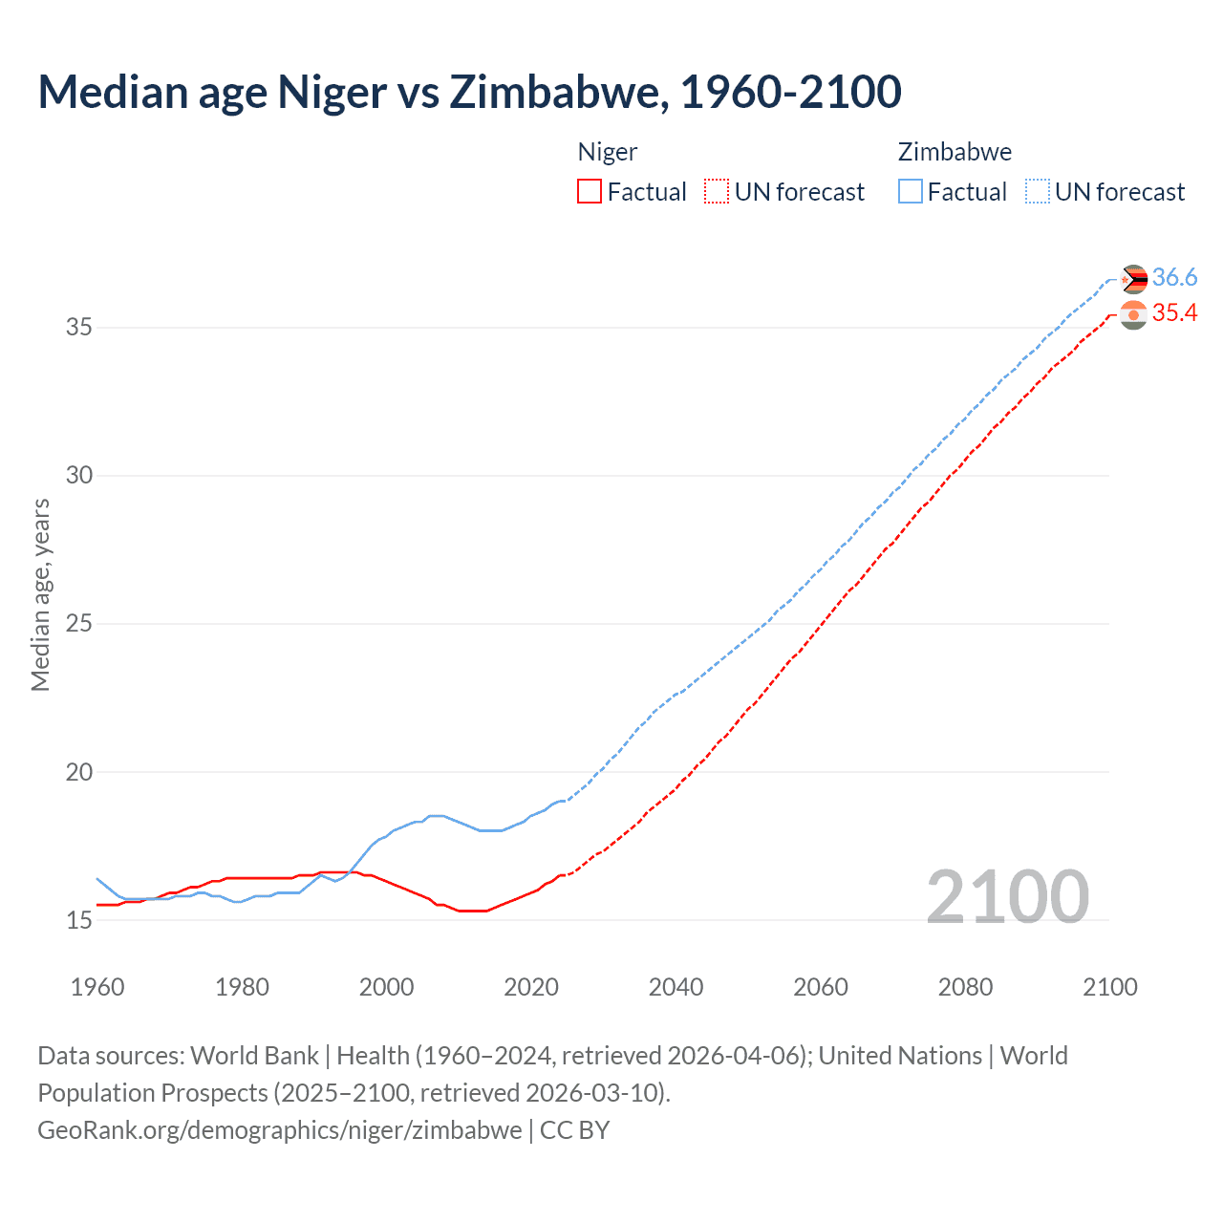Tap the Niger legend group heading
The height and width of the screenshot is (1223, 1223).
[607, 152]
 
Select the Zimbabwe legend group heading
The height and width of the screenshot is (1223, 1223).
[954, 152]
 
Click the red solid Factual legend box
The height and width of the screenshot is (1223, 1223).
[590, 192]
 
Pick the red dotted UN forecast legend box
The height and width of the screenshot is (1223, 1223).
[717, 192]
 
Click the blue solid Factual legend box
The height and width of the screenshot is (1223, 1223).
[910, 192]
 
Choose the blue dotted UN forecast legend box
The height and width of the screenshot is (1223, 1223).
[1037, 192]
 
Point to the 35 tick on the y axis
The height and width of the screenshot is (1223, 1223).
[78, 328]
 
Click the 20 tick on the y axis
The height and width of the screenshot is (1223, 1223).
[78, 772]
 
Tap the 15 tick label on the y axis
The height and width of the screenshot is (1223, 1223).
[78, 920]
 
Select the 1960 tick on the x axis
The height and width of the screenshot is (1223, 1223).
[97, 987]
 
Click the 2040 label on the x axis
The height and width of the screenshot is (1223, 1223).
[676, 987]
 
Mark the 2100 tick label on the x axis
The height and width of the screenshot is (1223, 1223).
[1109, 987]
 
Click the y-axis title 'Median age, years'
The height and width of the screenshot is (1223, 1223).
[40, 594]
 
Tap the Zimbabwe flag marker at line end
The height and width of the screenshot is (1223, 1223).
[1133, 279]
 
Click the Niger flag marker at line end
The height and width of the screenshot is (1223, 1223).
[1133, 314]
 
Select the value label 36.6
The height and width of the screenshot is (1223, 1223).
[1174, 278]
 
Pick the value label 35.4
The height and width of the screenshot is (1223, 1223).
[1174, 313]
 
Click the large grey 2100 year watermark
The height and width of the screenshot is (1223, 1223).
[1007, 896]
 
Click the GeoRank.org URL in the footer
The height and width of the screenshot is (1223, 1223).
[279, 1130]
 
